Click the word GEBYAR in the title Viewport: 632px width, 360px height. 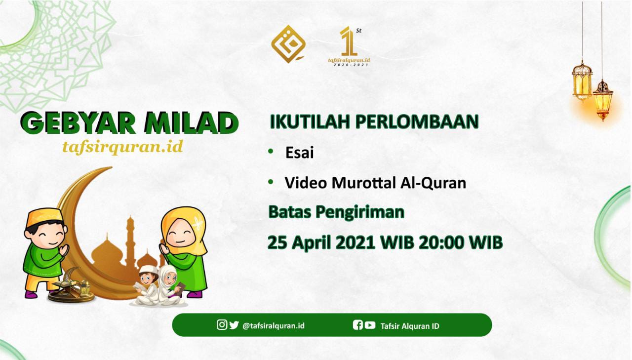pos(78,123)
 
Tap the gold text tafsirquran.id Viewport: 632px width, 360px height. pos(123,147)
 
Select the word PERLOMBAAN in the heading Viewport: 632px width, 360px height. pos(417,121)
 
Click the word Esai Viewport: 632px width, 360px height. pos(300,153)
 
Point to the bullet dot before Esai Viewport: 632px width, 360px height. pos(271,151)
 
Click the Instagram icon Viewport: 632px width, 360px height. pos(222,324)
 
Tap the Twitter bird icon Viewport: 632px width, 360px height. pos(234,325)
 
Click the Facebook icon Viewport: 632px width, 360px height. pos(358,325)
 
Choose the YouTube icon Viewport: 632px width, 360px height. pos(370,325)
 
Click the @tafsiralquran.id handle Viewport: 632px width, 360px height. pos(274,326)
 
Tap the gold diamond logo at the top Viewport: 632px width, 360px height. pos(288,44)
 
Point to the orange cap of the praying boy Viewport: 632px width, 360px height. pos(44,217)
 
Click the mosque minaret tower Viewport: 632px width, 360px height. pos(130,240)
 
